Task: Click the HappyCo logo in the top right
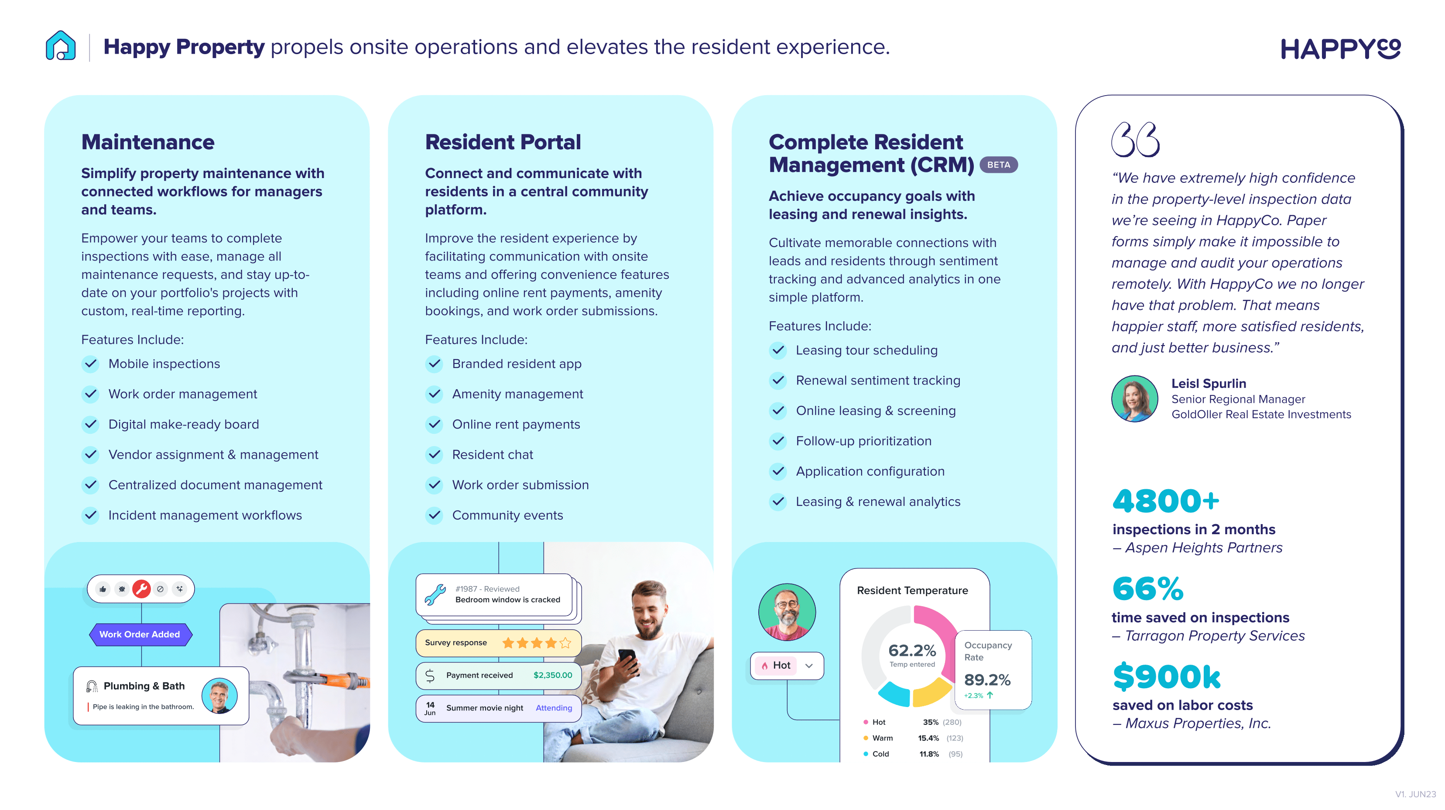[1341, 48]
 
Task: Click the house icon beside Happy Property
[61, 45]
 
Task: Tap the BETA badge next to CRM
[999, 165]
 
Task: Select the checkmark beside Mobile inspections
[90, 364]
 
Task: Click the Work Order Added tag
[140, 635]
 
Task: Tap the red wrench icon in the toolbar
[141, 589]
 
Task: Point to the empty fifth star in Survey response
[565, 643]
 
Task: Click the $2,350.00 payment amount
[552, 676]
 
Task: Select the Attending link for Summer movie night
[554, 708]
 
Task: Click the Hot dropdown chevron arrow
[809, 666]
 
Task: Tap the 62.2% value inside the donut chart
[912, 651]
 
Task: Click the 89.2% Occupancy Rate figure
[987, 680]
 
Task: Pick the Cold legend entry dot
[866, 754]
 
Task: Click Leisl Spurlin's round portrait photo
[1135, 399]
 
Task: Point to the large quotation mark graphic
[1135, 140]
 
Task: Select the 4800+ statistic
[1166, 501]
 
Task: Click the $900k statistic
[1167, 676]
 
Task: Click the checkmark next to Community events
[434, 515]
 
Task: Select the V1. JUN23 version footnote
[1415, 794]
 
